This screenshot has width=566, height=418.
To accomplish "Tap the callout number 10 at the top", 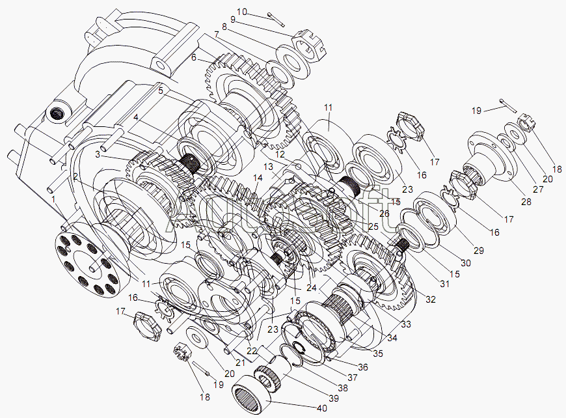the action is (242, 11).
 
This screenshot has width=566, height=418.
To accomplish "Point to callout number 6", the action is (193, 57).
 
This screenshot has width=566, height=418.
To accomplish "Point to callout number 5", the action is (160, 91).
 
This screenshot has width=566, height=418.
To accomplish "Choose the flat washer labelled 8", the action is (287, 60).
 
